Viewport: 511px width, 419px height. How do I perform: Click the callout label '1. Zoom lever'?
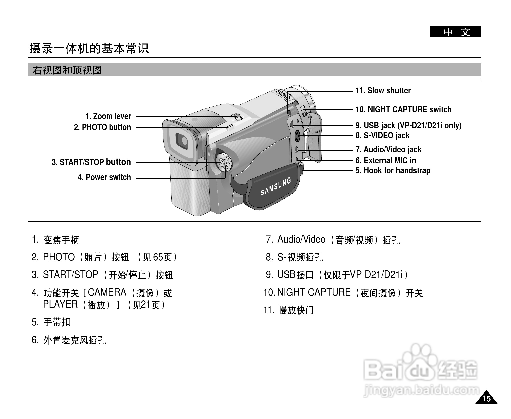[x=108, y=116]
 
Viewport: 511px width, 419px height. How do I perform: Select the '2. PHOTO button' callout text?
[x=102, y=127]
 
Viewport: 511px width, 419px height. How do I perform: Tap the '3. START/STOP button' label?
[x=91, y=162]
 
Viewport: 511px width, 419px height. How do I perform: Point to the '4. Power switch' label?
[x=104, y=177]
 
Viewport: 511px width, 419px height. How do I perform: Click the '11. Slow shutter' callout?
[x=383, y=91]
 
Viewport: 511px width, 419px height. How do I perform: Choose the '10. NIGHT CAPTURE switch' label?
[x=403, y=110]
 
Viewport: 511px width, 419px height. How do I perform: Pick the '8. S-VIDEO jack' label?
[x=382, y=136]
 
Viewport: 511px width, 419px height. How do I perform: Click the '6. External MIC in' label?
[x=386, y=160]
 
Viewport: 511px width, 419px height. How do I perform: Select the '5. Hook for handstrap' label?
[x=393, y=171]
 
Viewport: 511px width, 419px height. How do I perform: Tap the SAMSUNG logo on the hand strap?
[x=276, y=186]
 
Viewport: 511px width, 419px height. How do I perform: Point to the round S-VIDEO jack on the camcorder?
[x=297, y=136]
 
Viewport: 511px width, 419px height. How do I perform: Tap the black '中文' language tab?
[x=455, y=32]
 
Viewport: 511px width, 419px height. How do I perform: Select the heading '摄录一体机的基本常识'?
[x=89, y=48]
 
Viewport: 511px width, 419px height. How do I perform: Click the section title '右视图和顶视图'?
[x=67, y=70]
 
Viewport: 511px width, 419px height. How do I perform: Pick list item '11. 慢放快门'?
[x=289, y=310]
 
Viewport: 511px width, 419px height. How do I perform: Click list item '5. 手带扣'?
[x=51, y=322]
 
